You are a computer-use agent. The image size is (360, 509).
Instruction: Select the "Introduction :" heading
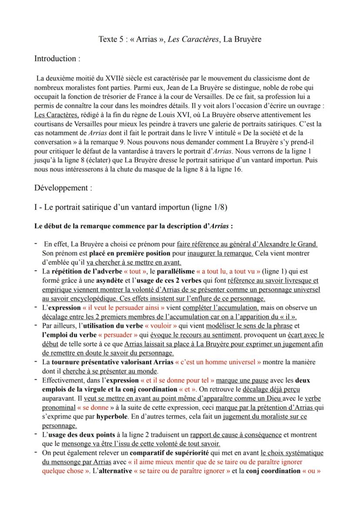[x=57, y=58]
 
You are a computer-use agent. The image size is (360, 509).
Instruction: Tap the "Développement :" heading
[x=63, y=188]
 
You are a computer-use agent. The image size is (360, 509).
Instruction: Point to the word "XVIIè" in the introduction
[x=115, y=79]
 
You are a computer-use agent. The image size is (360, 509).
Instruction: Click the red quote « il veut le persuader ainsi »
[x=123, y=307]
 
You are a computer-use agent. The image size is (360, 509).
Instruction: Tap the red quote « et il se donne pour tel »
[x=177, y=380]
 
